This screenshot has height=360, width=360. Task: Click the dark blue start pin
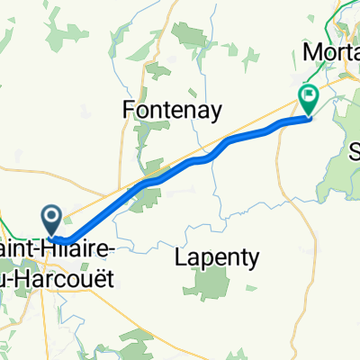tap(51, 216)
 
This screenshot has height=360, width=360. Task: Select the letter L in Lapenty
tap(180, 258)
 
